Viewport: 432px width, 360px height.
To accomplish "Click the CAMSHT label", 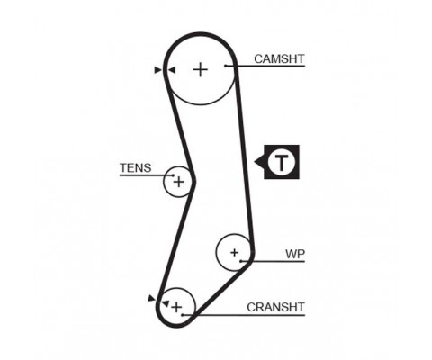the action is point(279,58).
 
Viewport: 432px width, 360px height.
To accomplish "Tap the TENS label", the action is point(136,168).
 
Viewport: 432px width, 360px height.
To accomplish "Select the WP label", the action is point(295,254).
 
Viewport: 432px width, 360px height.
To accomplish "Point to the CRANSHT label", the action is point(275,307).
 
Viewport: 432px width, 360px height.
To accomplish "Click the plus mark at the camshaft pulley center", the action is point(201,70).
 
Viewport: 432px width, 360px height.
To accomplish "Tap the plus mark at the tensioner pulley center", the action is point(179,182).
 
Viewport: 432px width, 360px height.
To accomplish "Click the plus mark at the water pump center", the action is point(235,253).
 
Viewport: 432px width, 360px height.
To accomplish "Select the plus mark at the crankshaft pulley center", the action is point(176,307).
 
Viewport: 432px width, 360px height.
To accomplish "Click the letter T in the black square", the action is point(282,162).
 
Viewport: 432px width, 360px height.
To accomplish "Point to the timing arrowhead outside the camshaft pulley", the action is point(157,70).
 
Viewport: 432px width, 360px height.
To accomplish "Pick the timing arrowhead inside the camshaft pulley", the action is point(172,70).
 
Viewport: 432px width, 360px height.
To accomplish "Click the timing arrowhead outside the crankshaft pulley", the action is point(152,299).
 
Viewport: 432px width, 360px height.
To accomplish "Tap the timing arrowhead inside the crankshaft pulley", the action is point(166,303).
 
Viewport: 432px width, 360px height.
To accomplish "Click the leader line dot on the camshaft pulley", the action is point(226,66).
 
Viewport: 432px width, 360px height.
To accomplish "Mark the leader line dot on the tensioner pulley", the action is point(173,175).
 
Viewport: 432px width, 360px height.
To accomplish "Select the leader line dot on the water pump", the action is point(241,261).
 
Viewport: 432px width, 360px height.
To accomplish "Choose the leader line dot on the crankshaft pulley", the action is point(183,315).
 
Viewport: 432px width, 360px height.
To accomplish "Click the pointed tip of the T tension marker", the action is point(255,162).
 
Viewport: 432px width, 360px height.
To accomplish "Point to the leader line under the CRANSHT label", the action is point(244,315).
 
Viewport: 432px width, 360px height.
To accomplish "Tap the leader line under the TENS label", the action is point(147,175).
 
